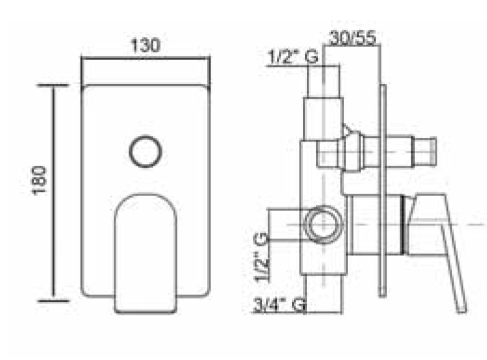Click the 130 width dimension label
pos(145,46)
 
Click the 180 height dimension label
pos(40,180)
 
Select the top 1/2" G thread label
pos(293,57)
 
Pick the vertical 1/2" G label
pos(261,258)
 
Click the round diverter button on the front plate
pos(145,151)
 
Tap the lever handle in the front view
pos(145,253)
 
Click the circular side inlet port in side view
pos(323,224)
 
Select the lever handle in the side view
pos(441,248)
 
